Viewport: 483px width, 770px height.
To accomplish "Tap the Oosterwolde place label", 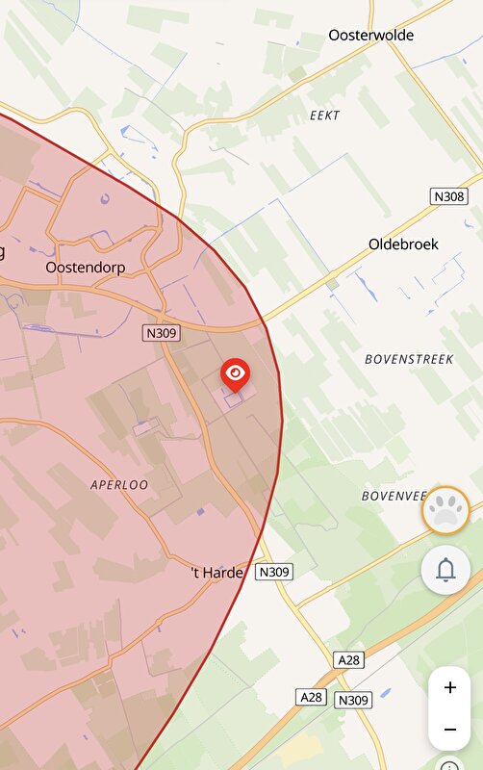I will pos(370,35).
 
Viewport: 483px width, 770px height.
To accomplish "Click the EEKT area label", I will pos(324,115).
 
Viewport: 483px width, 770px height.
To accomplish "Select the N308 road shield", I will pos(448,196).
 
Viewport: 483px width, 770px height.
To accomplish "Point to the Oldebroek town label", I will pos(403,244).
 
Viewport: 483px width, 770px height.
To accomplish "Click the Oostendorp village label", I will pos(86,267).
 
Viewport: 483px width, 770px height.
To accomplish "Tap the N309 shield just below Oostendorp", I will pos(162,332).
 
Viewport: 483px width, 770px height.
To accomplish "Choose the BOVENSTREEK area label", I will pos(408,359).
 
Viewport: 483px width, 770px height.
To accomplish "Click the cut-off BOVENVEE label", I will pos(393,496).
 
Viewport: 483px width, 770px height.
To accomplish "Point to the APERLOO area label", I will pos(119,485).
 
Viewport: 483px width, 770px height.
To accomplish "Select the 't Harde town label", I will pos(217,573).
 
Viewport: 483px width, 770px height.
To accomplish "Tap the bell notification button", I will pos(445,570).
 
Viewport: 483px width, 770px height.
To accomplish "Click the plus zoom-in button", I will pos(449,688).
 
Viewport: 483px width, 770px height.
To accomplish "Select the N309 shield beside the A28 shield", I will pos(353,701).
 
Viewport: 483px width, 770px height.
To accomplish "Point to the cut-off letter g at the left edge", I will pos(2,252).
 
